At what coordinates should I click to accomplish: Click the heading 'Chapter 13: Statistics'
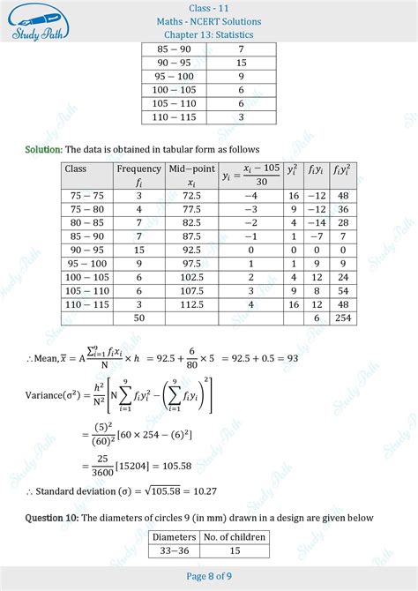210,35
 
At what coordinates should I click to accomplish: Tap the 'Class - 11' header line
210,8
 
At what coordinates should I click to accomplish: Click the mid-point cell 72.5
191,195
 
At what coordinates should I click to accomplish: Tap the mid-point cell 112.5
191,303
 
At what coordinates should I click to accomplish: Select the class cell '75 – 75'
86,195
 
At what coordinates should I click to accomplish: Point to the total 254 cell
343,318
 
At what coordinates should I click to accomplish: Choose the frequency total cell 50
138,318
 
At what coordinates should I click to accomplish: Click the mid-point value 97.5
191,263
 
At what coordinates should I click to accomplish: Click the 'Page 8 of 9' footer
209,576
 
